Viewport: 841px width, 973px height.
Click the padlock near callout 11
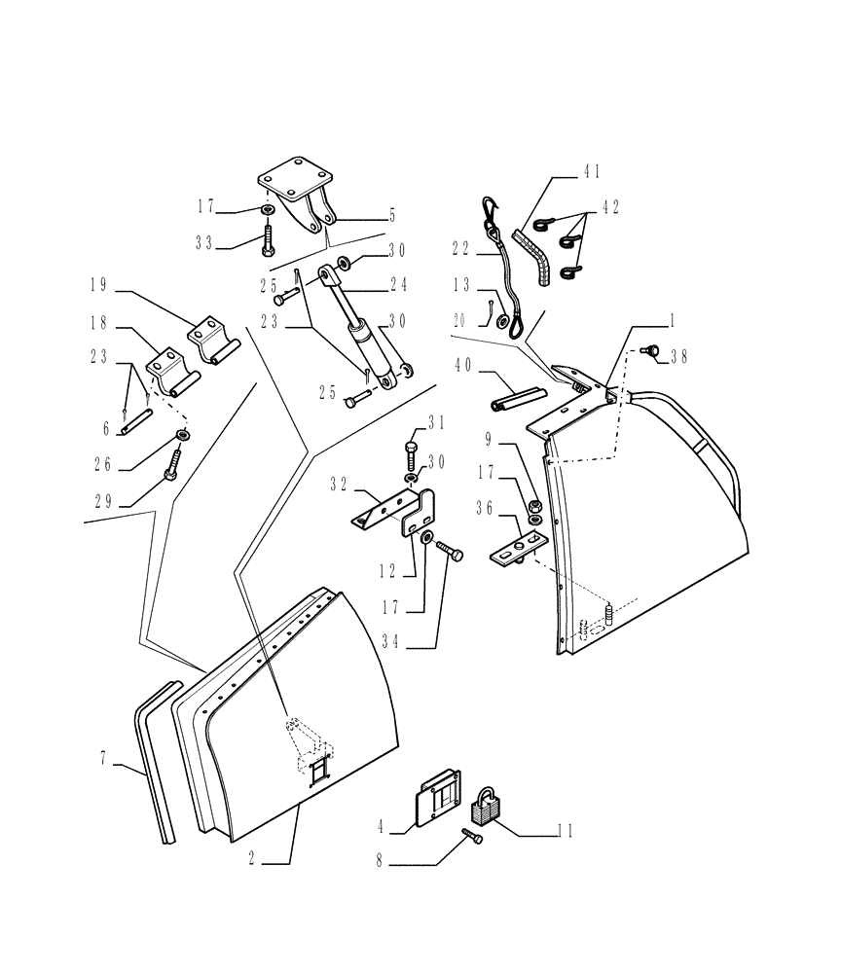point(487,807)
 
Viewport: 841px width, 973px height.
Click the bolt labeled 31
point(412,453)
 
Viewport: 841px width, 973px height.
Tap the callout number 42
point(610,207)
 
